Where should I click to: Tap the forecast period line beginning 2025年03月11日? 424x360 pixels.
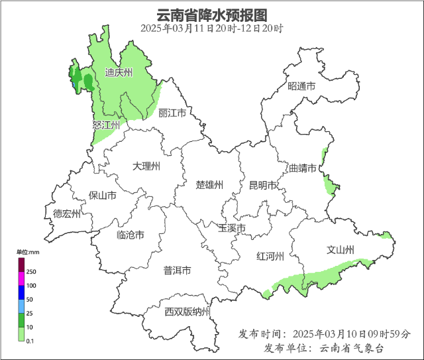[212, 29]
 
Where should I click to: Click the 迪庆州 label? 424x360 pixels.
[119, 73]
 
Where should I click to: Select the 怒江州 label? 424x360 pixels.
[106, 125]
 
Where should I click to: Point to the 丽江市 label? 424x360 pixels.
[172, 113]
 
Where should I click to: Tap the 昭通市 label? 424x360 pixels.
[301, 87]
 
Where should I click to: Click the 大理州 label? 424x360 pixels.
[146, 166]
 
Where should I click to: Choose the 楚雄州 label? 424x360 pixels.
[209, 184]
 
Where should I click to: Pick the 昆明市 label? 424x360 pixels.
[262, 185]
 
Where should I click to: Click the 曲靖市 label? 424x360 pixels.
[303, 168]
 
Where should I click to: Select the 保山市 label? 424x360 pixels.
[103, 196]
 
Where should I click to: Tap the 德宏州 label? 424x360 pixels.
[67, 213]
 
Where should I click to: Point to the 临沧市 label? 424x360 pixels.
[131, 235]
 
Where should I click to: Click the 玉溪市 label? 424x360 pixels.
[232, 228]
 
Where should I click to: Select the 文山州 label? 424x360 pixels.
[341, 250]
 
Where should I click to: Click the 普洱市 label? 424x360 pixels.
[177, 270]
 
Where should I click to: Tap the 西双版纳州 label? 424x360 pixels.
[187, 312]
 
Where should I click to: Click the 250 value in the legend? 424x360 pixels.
[30, 272]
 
